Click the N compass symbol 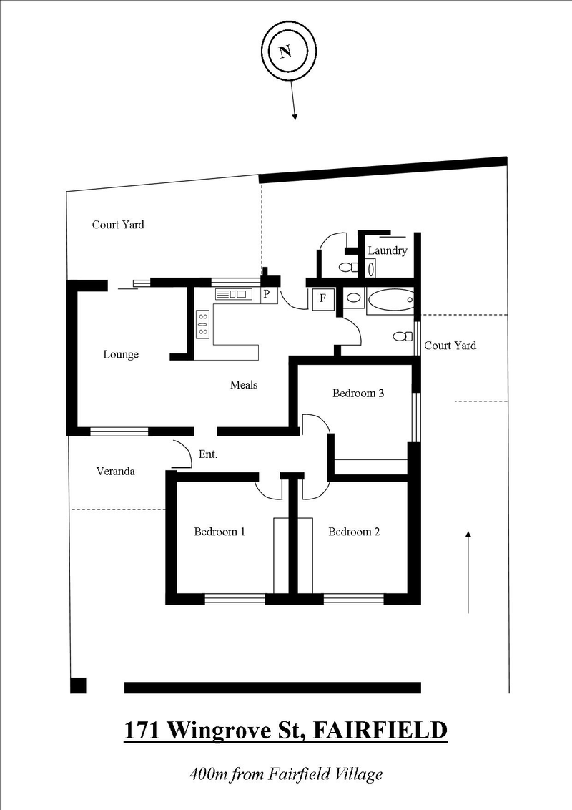tap(286, 52)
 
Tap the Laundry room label tap(388, 250)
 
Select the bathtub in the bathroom tap(390, 301)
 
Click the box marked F tap(322, 299)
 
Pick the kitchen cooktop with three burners tap(203, 323)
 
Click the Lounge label tap(121, 354)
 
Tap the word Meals tap(243, 385)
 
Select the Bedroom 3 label tap(359, 394)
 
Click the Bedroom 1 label tap(220, 532)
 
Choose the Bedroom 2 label tap(354, 532)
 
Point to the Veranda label tap(115, 471)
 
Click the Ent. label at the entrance tap(207, 454)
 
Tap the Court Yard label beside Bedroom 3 tap(450, 346)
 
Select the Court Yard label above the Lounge tap(118, 225)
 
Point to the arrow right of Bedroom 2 tap(468, 572)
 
